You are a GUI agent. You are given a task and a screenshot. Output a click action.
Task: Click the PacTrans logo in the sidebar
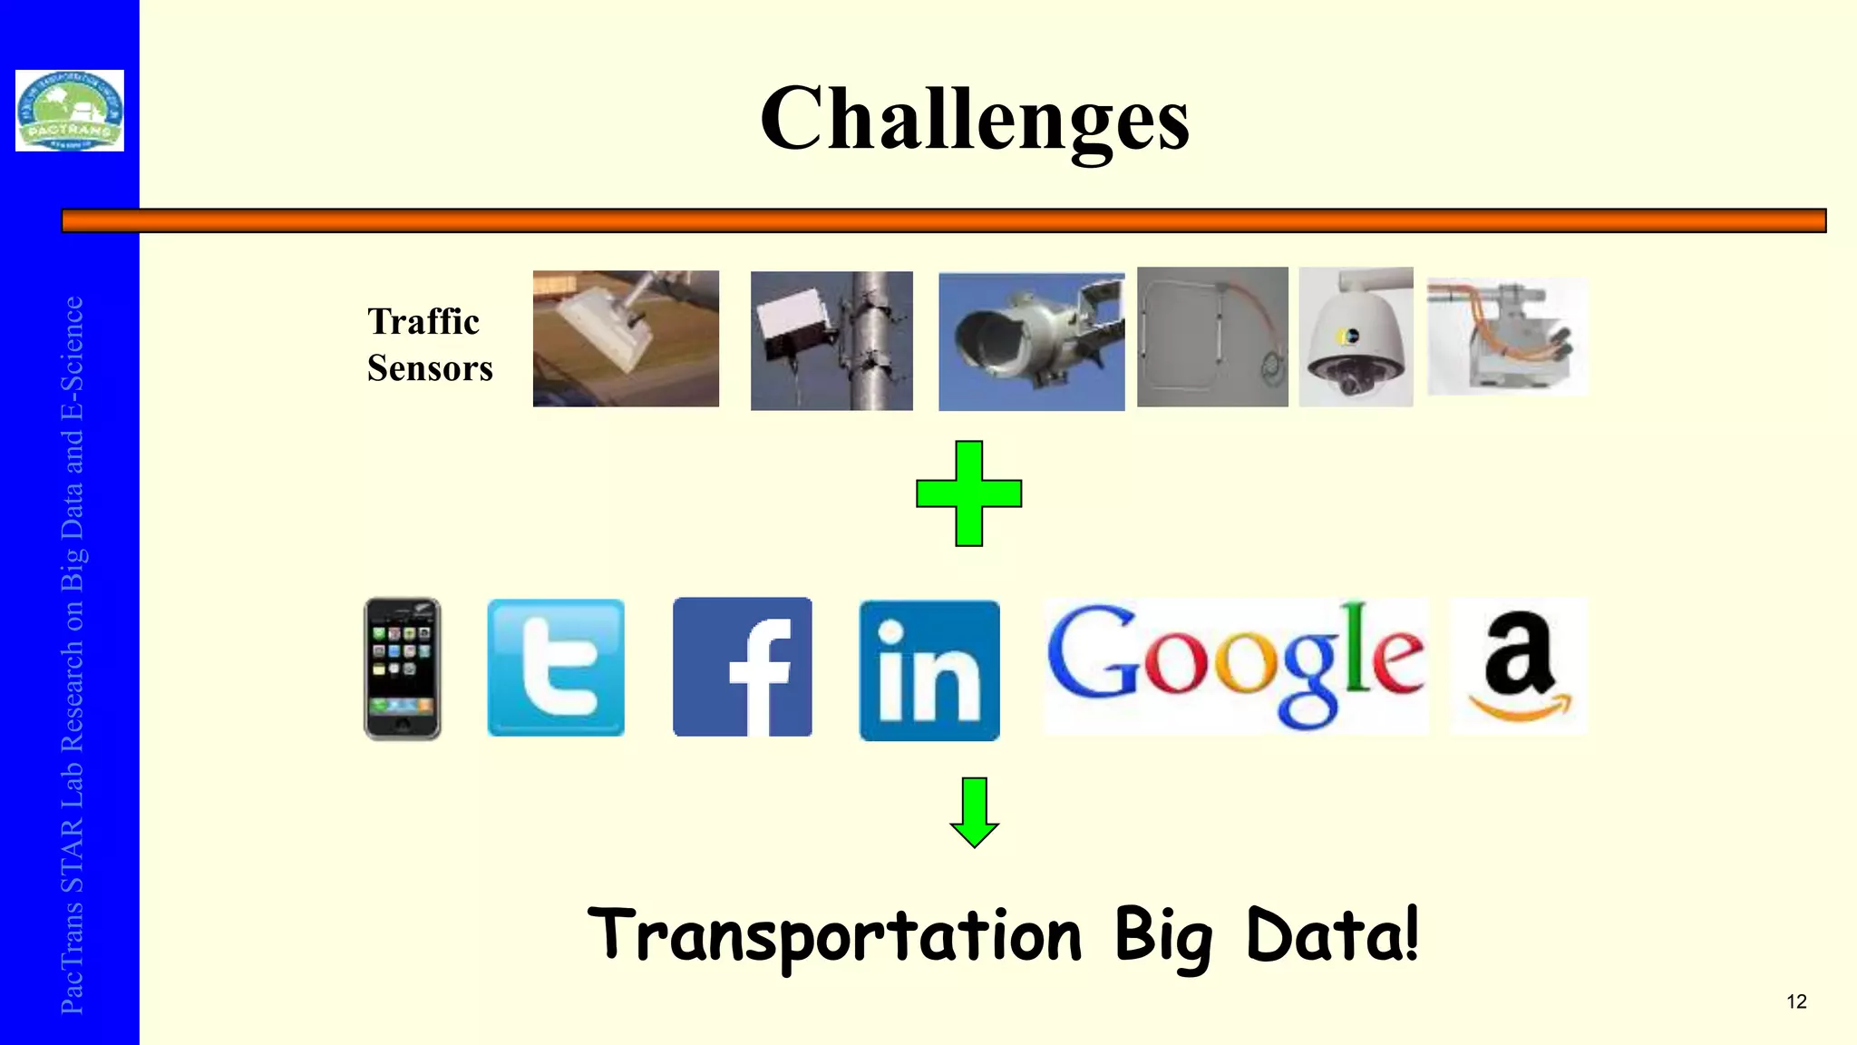coord(70,111)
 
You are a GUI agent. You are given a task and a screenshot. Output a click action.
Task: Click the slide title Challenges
coord(974,120)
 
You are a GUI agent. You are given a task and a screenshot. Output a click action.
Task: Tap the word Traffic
coord(423,322)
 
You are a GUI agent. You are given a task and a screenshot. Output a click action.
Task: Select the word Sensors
coord(430,369)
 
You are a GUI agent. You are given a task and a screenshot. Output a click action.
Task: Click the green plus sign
coord(968,493)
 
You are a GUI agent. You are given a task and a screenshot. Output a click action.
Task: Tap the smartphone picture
coord(403,669)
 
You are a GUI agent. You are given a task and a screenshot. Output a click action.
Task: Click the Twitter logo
coord(556,668)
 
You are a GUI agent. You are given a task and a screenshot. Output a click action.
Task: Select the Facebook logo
coord(743,667)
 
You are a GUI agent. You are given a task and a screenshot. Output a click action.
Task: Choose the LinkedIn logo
coord(929,670)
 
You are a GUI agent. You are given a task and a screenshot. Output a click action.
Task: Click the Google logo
coord(1235,665)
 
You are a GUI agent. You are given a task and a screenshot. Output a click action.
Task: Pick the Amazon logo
coord(1519,666)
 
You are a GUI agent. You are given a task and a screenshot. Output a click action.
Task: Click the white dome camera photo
coord(1356,337)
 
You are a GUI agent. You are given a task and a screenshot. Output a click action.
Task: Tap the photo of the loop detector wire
coord(1212,337)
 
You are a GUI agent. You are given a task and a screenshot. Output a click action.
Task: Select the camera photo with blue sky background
coord(1031,342)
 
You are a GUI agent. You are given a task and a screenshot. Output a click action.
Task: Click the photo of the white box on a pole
coord(831,340)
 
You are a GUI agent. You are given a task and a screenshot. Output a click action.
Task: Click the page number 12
coord(1796,1001)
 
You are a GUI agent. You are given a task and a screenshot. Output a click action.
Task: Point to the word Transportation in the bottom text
coord(834,936)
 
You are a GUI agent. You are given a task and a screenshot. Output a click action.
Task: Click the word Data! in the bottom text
coord(1331,934)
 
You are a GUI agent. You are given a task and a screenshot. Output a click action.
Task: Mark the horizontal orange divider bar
coord(943,220)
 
